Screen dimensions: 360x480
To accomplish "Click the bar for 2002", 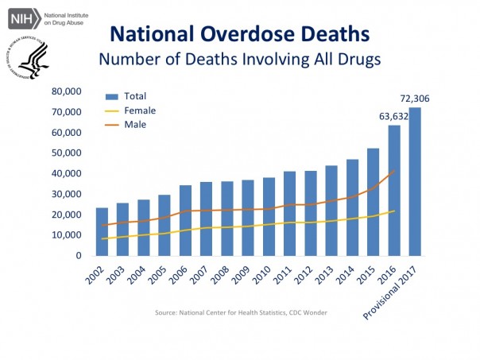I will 102,232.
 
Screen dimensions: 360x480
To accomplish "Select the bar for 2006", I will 185,221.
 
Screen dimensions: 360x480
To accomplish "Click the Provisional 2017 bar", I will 415,182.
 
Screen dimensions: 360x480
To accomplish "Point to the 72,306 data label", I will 414,99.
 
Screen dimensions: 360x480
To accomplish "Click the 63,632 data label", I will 394,117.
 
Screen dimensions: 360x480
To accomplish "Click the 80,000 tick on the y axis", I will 67,91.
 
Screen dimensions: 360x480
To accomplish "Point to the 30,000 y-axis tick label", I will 67,195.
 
